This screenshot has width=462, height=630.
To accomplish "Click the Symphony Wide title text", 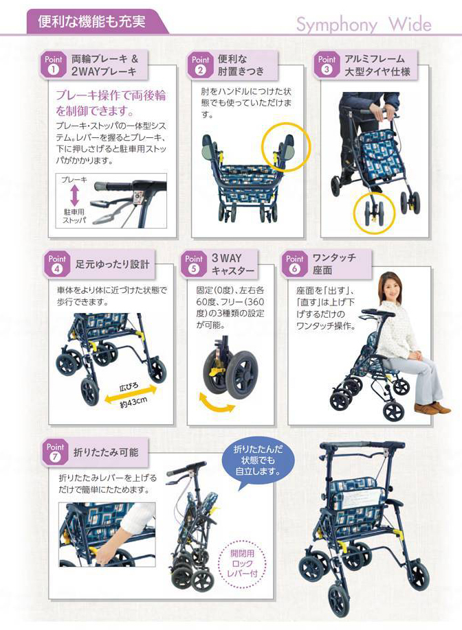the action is (x=364, y=25).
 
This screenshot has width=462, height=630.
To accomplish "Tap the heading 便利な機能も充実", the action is (x=91, y=21).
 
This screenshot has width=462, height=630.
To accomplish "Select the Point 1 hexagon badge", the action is (x=53, y=65).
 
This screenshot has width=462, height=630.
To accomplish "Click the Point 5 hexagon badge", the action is (x=193, y=264).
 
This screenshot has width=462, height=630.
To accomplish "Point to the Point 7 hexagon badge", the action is (x=55, y=452).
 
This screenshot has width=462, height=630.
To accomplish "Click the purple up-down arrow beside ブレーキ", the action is (x=74, y=196).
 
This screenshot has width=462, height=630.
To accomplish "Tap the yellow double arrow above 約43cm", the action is (x=131, y=393).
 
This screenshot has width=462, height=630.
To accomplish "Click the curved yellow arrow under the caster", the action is (x=217, y=404).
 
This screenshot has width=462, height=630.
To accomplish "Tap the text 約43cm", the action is (x=134, y=402).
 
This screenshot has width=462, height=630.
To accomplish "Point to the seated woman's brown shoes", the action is (x=432, y=408).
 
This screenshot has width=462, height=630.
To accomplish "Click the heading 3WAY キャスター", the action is (x=233, y=264).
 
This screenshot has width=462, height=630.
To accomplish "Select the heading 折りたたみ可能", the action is (x=106, y=452).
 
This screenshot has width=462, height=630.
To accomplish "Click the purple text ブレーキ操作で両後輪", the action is (x=111, y=95).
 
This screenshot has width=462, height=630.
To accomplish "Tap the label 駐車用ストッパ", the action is (x=74, y=216).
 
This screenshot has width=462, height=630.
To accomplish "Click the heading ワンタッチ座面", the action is (x=334, y=264).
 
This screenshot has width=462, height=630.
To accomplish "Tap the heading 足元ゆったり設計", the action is (x=112, y=264).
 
